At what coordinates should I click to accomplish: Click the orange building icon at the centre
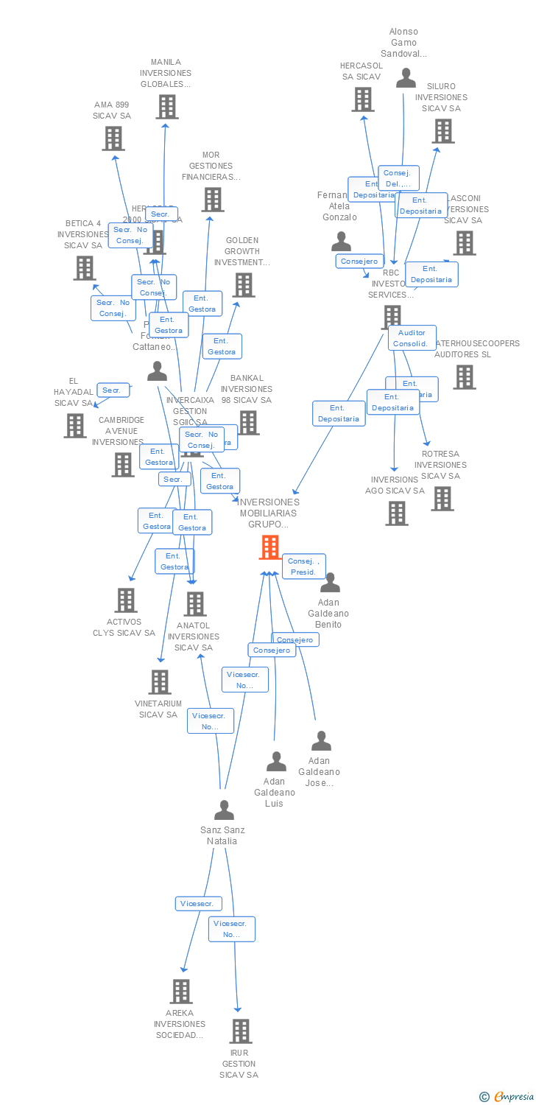[x=270, y=547]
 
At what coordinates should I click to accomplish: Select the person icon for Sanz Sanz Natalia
[x=224, y=810]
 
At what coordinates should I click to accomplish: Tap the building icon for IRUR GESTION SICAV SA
[x=241, y=1031]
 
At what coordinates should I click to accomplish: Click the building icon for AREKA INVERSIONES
[x=181, y=992]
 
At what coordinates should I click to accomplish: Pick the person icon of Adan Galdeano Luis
[x=276, y=762]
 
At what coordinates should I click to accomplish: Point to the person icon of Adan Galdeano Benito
[x=330, y=583]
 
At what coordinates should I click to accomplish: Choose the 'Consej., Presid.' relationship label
[x=303, y=566]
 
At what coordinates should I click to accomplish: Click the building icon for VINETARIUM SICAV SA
[x=160, y=682]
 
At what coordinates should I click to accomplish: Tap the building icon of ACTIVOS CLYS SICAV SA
[x=126, y=600]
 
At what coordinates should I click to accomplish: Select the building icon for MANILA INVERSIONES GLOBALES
[x=167, y=107]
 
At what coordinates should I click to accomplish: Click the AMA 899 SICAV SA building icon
[x=113, y=138]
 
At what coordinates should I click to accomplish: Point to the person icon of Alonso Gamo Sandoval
[x=406, y=78]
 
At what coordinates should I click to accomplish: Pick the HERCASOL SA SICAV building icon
[x=362, y=99]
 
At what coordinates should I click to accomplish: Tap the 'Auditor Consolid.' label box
[x=412, y=338]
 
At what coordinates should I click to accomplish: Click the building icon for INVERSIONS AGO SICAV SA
[x=397, y=513]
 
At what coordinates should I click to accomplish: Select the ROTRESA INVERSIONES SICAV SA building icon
[x=442, y=499]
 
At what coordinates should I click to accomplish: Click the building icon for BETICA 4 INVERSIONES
[x=85, y=268]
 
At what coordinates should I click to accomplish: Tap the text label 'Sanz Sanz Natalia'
[x=222, y=835]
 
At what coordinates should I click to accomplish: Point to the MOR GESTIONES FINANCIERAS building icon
[x=213, y=200]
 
